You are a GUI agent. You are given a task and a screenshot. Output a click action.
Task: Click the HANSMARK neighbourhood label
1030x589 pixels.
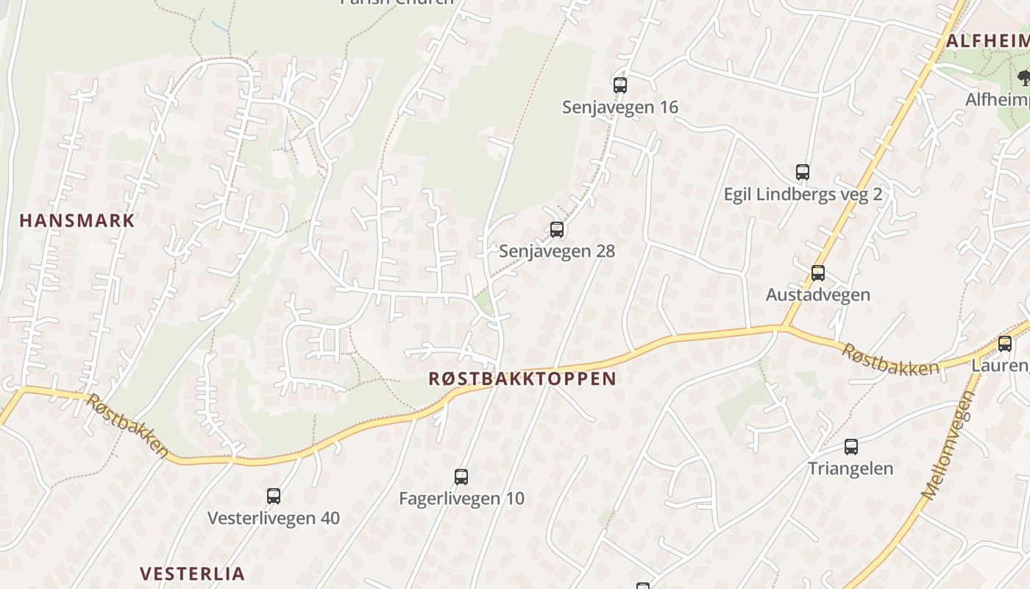[x=77, y=220]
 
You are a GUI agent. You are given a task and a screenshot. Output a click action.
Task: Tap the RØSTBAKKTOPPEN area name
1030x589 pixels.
[x=522, y=378]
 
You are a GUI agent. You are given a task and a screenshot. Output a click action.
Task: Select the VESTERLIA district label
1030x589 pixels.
[x=192, y=574]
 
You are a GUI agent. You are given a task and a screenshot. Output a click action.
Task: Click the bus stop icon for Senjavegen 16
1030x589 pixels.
[x=620, y=85]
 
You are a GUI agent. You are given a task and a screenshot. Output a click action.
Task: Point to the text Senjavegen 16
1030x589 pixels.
[x=620, y=107]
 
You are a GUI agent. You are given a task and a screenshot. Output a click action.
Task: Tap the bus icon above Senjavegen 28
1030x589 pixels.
[x=557, y=230]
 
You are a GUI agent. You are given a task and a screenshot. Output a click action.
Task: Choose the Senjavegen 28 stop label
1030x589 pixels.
[x=557, y=251]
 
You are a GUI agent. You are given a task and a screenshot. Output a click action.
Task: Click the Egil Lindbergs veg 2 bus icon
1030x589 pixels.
[x=803, y=172]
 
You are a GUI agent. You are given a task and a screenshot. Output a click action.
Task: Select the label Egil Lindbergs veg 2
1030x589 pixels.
[x=803, y=194]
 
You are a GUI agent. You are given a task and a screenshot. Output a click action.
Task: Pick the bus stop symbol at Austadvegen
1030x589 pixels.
[x=818, y=273]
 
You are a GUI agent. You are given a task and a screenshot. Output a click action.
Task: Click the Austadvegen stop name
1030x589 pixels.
[x=818, y=294]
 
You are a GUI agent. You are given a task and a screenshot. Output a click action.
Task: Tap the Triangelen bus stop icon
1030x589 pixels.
[x=851, y=446]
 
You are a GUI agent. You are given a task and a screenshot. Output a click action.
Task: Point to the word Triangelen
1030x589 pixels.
[x=850, y=468]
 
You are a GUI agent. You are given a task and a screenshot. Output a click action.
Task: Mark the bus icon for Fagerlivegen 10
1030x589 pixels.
[x=461, y=477]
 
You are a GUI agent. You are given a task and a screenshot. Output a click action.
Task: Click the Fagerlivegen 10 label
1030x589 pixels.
[x=461, y=498]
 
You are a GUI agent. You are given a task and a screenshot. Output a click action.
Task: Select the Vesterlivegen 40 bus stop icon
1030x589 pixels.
[x=274, y=496]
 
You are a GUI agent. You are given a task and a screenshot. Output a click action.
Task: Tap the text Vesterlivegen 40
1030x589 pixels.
[x=274, y=518]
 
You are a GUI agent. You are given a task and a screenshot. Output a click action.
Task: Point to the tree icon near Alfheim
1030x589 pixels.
[x=1023, y=77]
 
